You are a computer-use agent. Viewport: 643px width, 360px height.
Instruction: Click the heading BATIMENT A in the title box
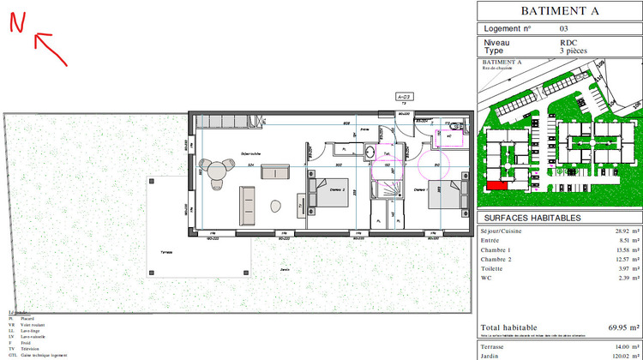pyautogui.click(x=558, y=10)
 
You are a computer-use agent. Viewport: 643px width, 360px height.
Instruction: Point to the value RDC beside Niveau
pyautogui.click(x=568, y=41)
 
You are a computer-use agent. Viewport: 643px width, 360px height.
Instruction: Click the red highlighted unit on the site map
pyautogui.click(x=496, y=184)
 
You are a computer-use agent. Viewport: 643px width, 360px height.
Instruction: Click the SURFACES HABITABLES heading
pyautogui.click(x=532, y=218)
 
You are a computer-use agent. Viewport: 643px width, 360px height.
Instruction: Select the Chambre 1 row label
pyautogui.click(x=499, y=251)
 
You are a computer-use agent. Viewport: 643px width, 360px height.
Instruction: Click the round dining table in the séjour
pyautogui.click(x=213, y=168)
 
